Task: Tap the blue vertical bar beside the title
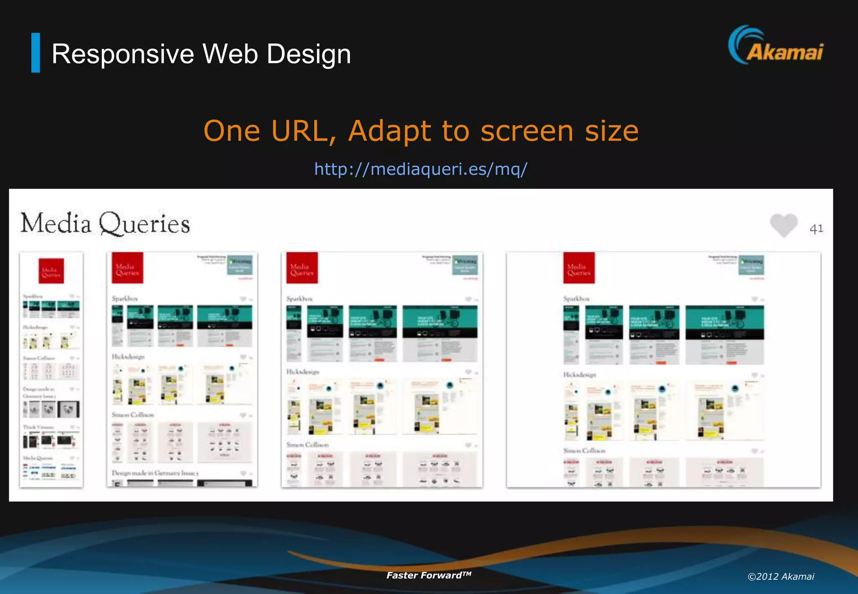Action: (x=36, y=53)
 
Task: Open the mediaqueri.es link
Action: (x=421, y=169)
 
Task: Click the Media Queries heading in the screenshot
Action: (x=105, y=223)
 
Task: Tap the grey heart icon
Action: (x=783, y=225)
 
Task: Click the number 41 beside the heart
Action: (x=816, y=229)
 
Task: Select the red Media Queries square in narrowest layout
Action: (x=51, y=271)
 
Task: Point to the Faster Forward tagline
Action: (x=429, y=575)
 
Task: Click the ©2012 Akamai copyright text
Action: (x=780, y=577)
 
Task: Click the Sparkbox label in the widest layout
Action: (x=576, y=299)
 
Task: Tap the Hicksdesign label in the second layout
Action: (x=128, y=357)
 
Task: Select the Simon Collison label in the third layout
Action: (x=308, y=444)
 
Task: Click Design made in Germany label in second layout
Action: (x=155, y=473)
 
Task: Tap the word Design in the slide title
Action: (x=309, y=54)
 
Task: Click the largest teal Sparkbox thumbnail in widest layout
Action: (x=724, y=334)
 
